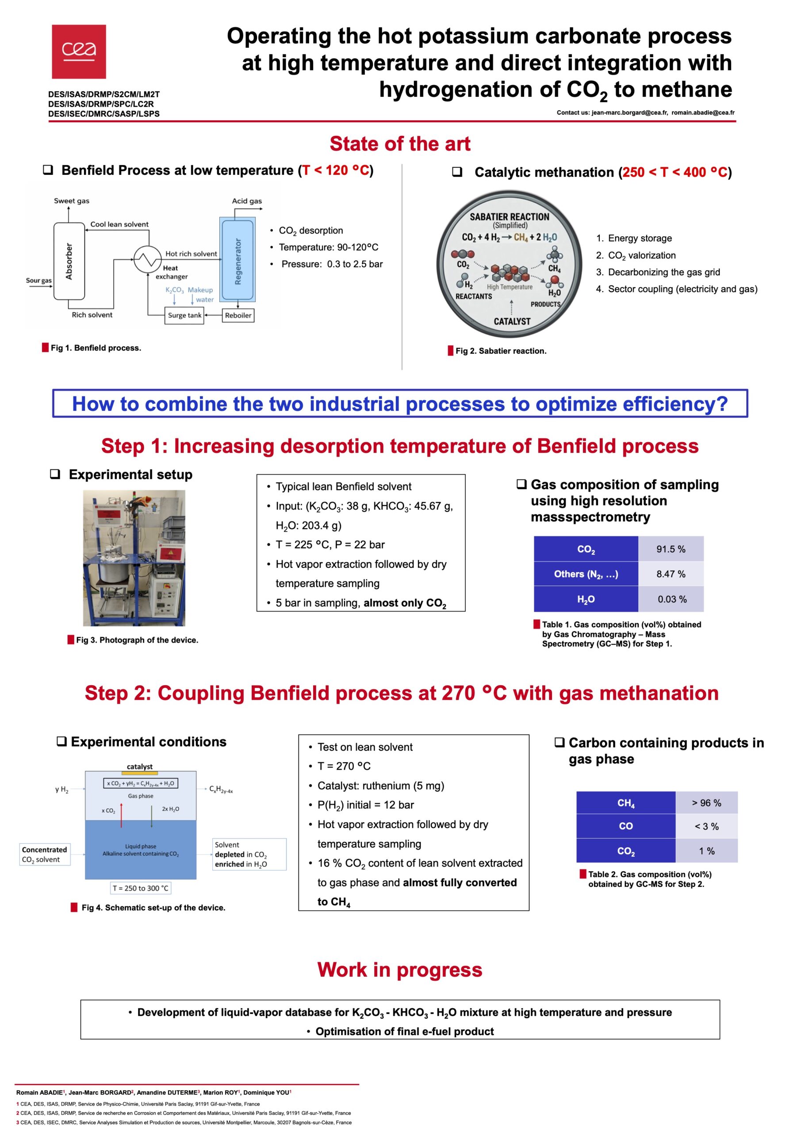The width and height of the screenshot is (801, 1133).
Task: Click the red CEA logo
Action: [79, 51]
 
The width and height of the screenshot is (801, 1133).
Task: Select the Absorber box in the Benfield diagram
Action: [69, 261]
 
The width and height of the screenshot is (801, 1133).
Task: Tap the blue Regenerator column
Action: [238, 260]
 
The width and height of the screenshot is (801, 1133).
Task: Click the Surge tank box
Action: [184, 315]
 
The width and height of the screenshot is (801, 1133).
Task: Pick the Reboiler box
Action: [238, 315]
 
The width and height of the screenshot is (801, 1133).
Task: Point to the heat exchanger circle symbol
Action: [147, 258]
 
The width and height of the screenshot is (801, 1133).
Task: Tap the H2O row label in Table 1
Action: [586, 600]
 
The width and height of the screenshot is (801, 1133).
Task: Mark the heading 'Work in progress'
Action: [399, 970]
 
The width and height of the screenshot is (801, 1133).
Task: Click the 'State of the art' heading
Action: [399, 144]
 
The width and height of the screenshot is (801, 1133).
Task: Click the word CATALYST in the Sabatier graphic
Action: [512, 321]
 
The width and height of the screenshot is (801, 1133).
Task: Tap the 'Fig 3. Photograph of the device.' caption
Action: [137, 640]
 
